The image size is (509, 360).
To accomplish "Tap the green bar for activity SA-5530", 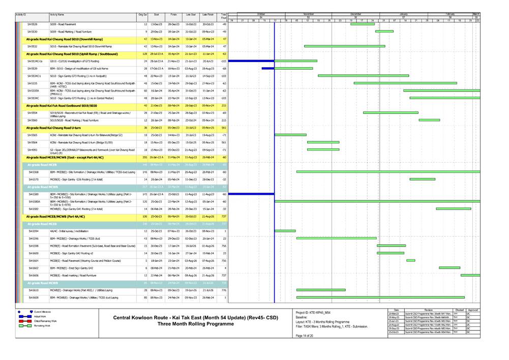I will click(x=384, y=32).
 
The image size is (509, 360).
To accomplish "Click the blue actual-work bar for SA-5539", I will click(x=268, y=68).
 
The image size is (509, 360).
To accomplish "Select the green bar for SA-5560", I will click(x=429, y=120).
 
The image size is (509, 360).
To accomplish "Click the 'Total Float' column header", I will click(x=224, y=17).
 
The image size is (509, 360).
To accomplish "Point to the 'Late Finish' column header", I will click(x=207, y=15).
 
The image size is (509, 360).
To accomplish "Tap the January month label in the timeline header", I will click(x=404, y=14).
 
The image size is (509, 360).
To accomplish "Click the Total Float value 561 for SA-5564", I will click(x=224, y=142).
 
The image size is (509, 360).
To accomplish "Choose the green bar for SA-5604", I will click(x=411, y=260).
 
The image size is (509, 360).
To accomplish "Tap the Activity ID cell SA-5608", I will click(x=33, y=297).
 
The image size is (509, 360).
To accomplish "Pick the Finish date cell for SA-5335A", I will click(x=173, y=91).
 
